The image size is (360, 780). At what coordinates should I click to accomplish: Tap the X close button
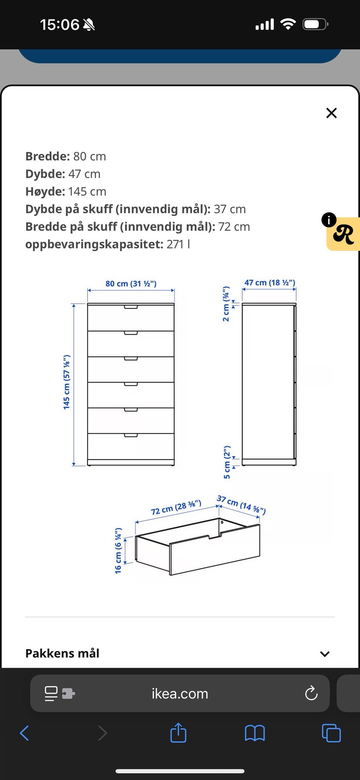pyautogui.click(x=331, y=113)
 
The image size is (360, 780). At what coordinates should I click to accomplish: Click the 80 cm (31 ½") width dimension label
pyautogui.click(x=131, y=284)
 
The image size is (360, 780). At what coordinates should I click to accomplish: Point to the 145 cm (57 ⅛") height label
pyautogui.click(x=67, y=382)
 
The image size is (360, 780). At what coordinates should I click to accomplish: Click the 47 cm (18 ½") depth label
pyautogui.click(x=270, y=283)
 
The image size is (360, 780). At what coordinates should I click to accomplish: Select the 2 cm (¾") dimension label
pyautogui.click(x=226, y=304)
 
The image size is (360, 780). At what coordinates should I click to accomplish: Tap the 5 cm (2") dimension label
pyautogui.click(x=227, y=462)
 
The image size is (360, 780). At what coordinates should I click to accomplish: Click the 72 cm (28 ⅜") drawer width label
pyautogui.click(x=176, y=508)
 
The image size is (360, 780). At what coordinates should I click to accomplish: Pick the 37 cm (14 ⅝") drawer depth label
pyautogui.click(x=241, y=505)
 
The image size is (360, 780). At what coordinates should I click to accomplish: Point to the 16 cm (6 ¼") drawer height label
pyautogui.click(x=118, y=551)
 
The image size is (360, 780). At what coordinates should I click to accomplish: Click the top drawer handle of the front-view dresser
pyautogui.click(x=131, y=307)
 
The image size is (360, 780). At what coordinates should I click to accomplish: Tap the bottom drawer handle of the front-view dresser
pyautogui.click(x=131, y=435)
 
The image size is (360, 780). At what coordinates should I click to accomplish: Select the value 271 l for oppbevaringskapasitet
pyautogui.click(x=178, y=244)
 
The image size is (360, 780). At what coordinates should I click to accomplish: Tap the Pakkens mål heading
pyautogui.click(x=62, y=653)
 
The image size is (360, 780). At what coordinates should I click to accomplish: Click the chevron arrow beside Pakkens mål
pyautogui.click(x=325, y=654)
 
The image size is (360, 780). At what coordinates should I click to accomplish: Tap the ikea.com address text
pyautogui.click(x=180, y=693)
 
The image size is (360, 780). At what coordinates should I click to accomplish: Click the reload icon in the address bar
pyautogui.click(x=311, y=693)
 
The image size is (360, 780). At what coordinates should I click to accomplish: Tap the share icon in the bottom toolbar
pyautogui.click(x=178, y=732)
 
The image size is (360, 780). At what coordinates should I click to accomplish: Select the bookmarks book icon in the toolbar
pyautogui.click(x=255, y=733)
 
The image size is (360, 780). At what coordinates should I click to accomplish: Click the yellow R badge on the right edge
pyautogui.click(x=343, y=234)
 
